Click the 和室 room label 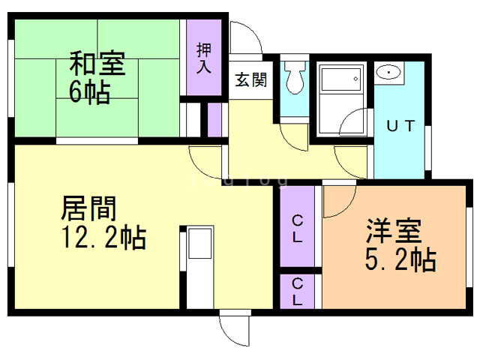pos(97,63)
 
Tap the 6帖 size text pos(89,91)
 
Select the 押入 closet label pos(204,58)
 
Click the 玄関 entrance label pos(251,79)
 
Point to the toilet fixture pos(295,77)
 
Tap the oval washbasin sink pos(388,73)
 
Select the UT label pos(400,126)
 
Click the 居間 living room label pos(88,208)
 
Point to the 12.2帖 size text pos(103,238)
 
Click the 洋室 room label pos(394,230)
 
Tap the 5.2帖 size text pos(400,259)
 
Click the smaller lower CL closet pos(297,292)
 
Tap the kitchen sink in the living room pos(200,243)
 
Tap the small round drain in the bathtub pos(355,79)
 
